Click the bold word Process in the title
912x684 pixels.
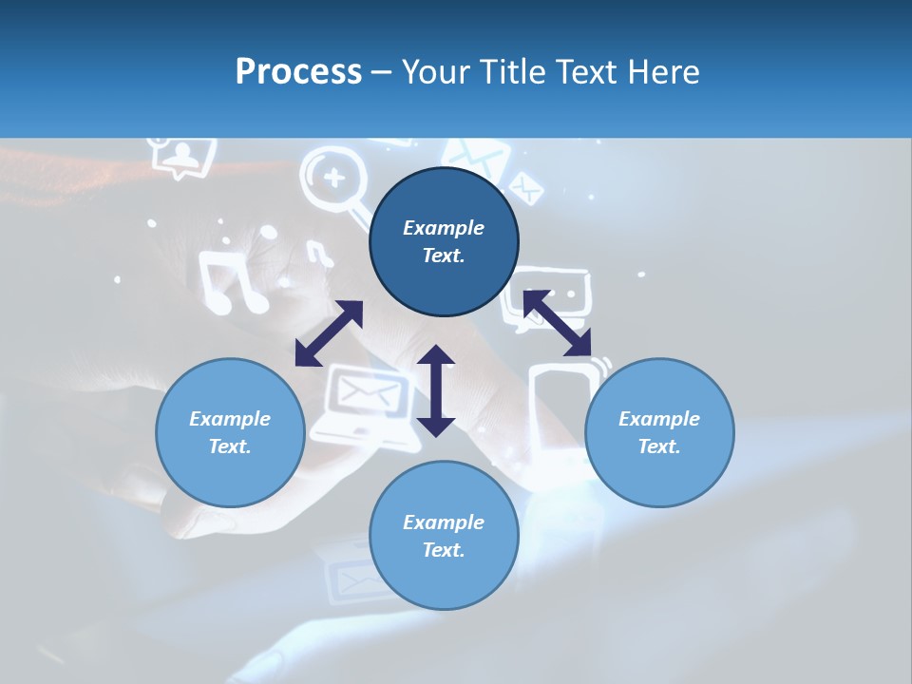[x=298, y=72]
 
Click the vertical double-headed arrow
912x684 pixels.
[x=436, y=390]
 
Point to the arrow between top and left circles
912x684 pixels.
[x=329, y=333]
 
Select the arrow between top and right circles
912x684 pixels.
[x=558, y=323]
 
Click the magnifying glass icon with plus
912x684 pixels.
[x=332, y=181]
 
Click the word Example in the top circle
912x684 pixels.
[x=444, y=228]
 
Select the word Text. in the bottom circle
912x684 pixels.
[x=444, y=550]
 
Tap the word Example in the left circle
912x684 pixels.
[x=230, y=419]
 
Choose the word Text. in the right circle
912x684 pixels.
[x=659, y=446]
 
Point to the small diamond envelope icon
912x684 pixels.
[x=525, y=188]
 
